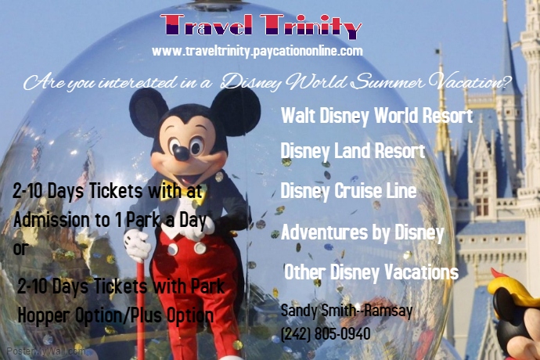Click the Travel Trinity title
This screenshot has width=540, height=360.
[x=262, y=27]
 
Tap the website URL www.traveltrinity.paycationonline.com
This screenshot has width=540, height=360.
[x=257, y=51]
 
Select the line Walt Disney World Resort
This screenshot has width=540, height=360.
[x=376, y=117]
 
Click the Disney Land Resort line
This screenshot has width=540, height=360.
[x=352, y=151]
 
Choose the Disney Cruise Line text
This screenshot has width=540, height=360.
[x=348, y=191]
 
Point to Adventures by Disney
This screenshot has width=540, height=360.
[x=362, y=232]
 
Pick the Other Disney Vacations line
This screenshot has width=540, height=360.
[x=371, y=272]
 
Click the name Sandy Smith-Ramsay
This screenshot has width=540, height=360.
[x=346, y=311]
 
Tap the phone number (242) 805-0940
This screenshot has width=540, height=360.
[x=325, y=333]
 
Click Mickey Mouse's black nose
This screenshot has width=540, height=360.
[x=181, y=149]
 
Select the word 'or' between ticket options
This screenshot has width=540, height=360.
[x=20, y=250]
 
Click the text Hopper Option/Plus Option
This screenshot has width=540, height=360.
[x=115, y=315]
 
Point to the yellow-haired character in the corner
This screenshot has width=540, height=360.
[x=515, y=301]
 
